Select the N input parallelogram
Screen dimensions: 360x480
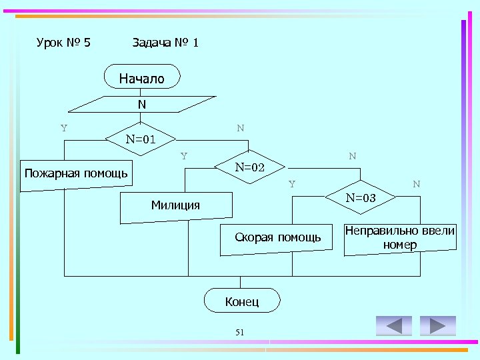tap(142, 105)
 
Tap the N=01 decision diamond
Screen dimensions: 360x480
tap(141, 139)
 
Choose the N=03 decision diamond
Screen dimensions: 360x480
tap(360, 197)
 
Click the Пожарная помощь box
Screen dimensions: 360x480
tap(75, 175)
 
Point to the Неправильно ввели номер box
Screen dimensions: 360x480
tap(400, 238)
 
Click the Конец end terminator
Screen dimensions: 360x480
tap(241, 301)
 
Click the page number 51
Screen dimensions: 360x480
tap(241, 333)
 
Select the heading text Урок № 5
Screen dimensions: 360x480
tap(63, 43)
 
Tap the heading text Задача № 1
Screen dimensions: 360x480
tap(165, 43)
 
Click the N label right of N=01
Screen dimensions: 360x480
tap(240, 127)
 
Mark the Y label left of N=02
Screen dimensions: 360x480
tap(183, 157)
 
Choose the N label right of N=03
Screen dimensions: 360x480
tap(416, 184)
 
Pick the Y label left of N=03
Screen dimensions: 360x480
tap(292, 184)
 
